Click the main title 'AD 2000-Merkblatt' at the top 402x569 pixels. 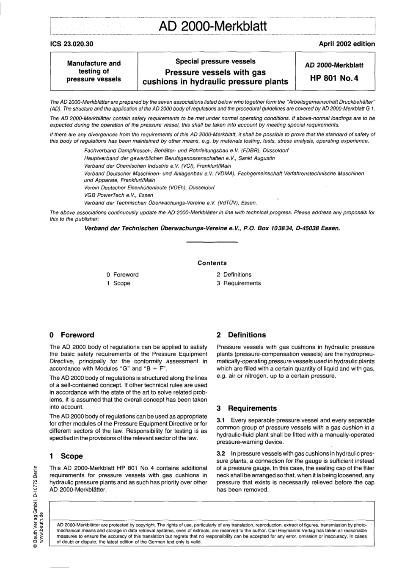point(212,26)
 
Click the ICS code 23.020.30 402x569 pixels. point(72,44)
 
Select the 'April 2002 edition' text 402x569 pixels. point(347,44)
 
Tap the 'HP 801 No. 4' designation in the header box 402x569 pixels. point(334,78)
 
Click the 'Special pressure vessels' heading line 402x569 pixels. point(215,61)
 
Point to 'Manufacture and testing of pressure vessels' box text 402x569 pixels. point(94,71)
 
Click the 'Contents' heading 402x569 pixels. point(212,263)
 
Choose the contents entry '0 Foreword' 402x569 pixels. point(122,275)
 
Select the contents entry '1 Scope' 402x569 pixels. point(118,283)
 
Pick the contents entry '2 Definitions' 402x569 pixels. point(234,275)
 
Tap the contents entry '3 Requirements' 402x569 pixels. point(239,283)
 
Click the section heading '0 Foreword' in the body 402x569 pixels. point(72,335)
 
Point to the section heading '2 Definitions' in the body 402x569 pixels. point(241,335)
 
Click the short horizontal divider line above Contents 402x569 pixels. point(212,242)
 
